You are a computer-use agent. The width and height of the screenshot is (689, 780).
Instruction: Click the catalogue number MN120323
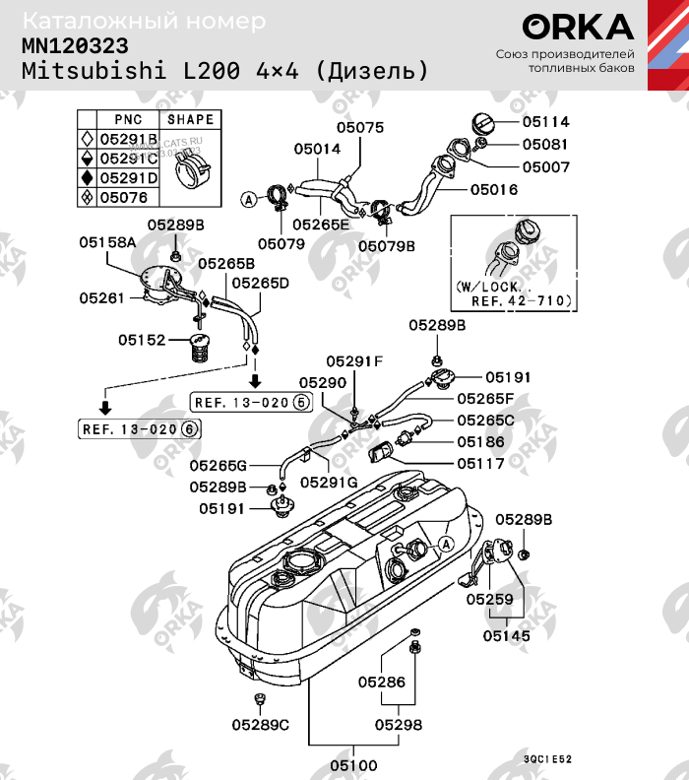click(75, 46)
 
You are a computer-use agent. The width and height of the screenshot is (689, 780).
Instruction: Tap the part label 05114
click(545, 122)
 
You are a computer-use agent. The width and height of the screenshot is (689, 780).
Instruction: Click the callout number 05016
click(493, 188)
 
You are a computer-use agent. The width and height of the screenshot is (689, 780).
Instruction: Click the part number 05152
click(143, 339)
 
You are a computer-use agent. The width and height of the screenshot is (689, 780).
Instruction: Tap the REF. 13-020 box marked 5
click(250, 402)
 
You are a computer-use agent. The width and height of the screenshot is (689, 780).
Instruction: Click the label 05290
click(323, 382)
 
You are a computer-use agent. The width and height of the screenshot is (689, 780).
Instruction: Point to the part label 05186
click(480, 443)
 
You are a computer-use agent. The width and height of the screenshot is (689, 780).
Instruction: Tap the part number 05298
click(398, 725)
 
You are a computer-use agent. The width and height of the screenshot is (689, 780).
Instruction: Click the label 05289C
click(261, 725)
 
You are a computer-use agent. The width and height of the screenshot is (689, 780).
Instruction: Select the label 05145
click(506, 636)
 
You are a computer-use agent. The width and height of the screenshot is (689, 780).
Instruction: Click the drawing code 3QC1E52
click(547, 759)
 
